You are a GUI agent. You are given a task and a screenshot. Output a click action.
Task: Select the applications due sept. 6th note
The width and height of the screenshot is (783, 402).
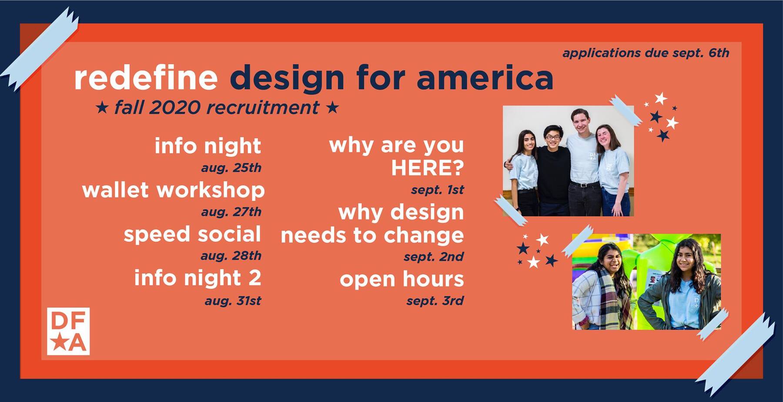[646, 53]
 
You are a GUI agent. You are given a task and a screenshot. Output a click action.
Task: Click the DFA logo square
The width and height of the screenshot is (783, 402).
[68, 331]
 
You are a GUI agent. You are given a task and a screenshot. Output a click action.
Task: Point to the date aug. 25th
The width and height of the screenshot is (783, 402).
[231, 168]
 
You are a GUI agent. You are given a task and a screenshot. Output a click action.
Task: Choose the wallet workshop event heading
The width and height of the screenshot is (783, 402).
[173, 190]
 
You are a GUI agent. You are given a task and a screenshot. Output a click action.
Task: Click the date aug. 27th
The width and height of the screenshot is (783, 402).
[231, 212]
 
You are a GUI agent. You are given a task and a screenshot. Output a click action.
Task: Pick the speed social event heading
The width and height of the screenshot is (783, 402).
[192, 234]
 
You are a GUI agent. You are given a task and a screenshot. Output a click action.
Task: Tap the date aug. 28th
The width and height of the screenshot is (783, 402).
[231, 256]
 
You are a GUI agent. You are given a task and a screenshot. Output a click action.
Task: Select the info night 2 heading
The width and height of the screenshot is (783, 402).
[197, 278]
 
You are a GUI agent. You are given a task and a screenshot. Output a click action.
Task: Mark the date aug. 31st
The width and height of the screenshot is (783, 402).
[233, 301]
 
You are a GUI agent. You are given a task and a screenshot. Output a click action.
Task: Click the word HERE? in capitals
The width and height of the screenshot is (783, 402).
[427, 168]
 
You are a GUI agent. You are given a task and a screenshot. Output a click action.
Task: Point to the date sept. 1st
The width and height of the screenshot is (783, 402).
[437, 190]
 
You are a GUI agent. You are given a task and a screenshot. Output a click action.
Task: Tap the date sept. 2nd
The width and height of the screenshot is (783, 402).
[433, 257]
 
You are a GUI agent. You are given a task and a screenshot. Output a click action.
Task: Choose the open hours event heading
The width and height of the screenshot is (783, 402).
[402, 279]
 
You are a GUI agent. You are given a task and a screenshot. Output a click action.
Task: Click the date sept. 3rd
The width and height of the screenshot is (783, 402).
[435, 301]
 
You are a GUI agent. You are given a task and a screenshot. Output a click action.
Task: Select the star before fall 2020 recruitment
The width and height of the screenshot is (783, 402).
[102, 107]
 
